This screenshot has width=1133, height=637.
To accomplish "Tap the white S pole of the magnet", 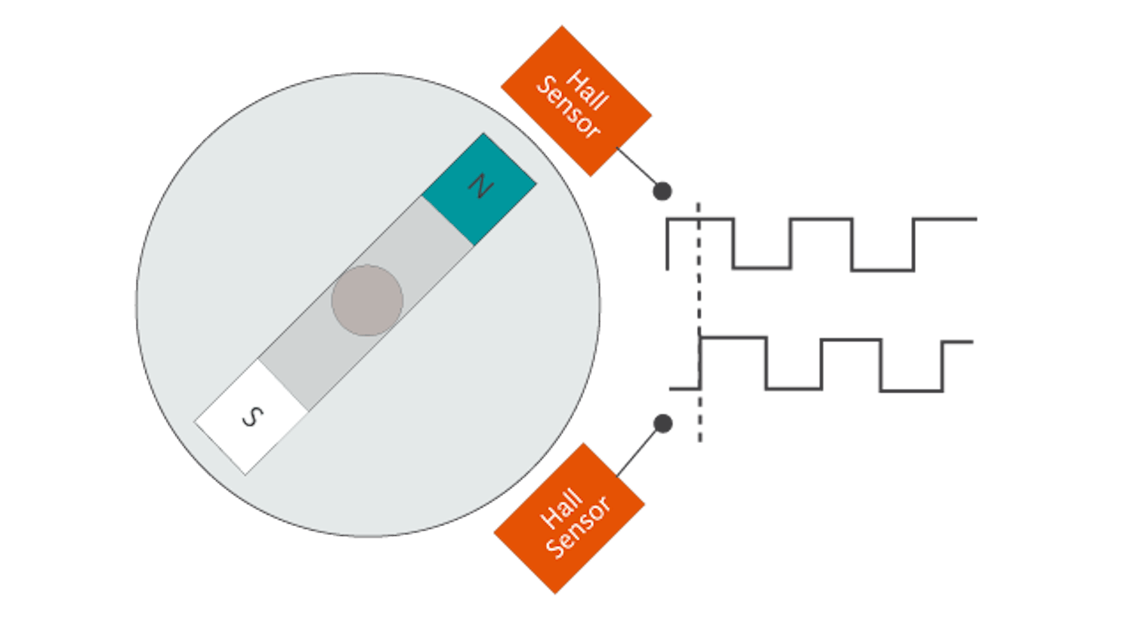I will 252,416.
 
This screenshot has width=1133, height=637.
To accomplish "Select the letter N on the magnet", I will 478,186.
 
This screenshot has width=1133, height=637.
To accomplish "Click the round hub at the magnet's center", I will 367,300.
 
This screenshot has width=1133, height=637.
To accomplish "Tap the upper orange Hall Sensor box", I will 576,101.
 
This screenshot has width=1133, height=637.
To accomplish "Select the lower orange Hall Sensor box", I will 570,519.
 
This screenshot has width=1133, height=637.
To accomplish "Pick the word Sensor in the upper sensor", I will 568,107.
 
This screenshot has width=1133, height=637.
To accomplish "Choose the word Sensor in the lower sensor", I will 579,527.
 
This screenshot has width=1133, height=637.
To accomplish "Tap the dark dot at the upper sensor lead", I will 662,192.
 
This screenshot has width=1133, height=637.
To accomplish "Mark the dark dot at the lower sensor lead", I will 662,424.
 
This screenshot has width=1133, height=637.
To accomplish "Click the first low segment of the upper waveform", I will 761,268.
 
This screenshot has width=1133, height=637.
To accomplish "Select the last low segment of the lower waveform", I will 912,390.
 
